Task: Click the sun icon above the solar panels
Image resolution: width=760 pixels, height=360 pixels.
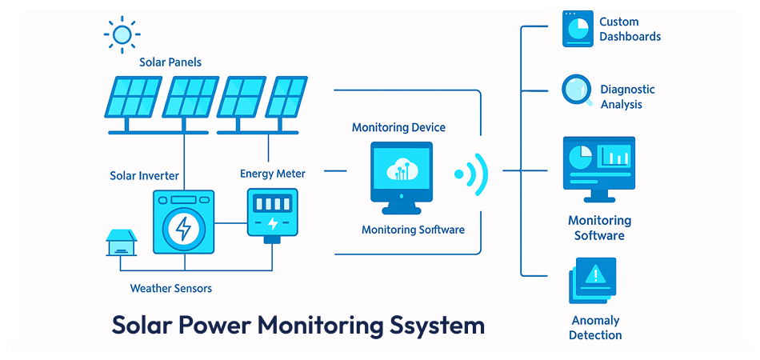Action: (x=122, y=34)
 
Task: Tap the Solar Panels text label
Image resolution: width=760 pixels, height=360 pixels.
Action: (x=170, y=62)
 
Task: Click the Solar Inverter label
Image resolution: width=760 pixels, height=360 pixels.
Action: (x=144, y=175)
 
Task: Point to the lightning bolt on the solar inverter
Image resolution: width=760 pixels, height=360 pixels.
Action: (x=183, y=228)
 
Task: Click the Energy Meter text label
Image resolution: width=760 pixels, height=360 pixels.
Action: (x=272, y=173)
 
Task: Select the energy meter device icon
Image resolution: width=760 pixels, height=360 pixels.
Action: (x=272, y=213)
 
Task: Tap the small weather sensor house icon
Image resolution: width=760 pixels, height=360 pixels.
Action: (x=122, y=242)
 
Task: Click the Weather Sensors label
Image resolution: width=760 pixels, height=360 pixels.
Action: (x=170, y=288)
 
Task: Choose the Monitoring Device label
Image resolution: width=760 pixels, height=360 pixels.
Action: (x=398, y=127)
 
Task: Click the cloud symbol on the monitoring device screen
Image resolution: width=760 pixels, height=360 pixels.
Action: (x=401, y=169)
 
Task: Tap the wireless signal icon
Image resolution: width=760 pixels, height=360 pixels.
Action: (x=470, y=173)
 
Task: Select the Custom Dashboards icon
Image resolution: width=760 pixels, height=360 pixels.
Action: (x=578, y=29)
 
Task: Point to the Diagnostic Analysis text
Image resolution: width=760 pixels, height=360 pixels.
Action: (x=627, y=97)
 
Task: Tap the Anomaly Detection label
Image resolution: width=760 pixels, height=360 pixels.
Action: (x=595, y=328)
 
